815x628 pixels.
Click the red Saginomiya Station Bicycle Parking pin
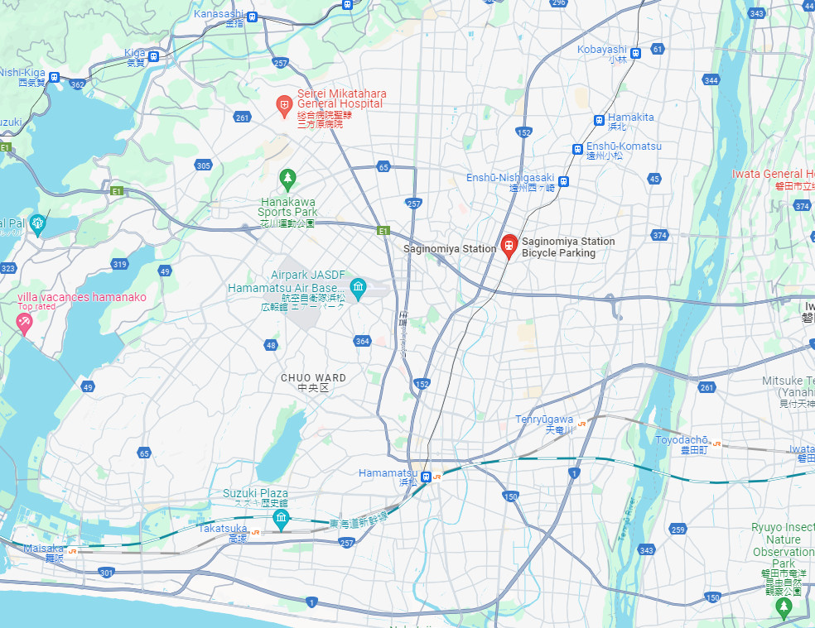(509, 246)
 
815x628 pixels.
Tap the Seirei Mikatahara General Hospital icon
(283, 104)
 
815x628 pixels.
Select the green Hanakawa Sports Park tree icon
(287, 177)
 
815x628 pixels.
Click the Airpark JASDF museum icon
(358, 289)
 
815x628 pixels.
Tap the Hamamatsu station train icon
(426, 477)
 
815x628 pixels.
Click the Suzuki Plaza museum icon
(281, 519)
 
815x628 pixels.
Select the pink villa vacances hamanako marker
(23, 322)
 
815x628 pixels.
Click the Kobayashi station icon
(635, 53)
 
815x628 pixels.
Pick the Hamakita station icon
(598, 120)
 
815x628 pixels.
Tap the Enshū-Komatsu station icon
(577, 150)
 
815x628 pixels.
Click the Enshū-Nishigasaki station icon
(563, 180)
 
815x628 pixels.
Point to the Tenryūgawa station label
(544, 420)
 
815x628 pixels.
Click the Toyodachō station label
(682, 440)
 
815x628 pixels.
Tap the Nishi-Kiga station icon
(54, 77)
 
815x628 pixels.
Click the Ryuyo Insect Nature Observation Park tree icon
(784, 606)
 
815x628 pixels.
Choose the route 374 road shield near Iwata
(801, 205)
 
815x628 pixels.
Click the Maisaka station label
(43, 548)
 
